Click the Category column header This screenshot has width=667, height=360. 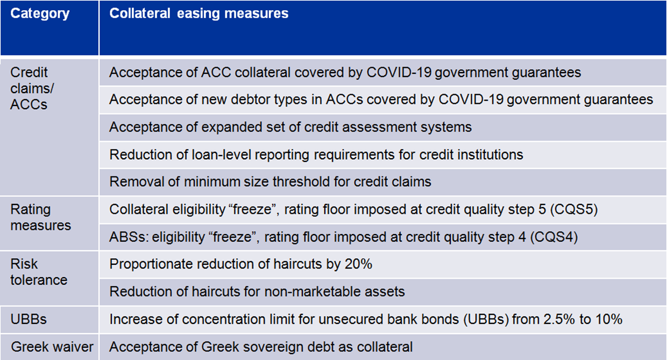pyautogui.click(x=40, y=13)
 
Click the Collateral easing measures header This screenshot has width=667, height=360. pyautogui.click(x=199, y=13)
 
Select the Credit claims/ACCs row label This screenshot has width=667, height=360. pyautogui.click(x=32, y=88)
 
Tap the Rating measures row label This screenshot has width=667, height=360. pyautogui.click(x=41, y=217)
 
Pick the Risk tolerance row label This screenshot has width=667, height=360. pyautogui.click(x=39, y=272)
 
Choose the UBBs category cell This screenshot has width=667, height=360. pyautogui.click(x=29, y=319)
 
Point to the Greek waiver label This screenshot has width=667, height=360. pyautogui.click(x=52, y=347)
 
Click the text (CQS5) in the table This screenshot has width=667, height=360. pyautogui.click(x=574, y=209)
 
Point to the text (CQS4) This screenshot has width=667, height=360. pyautogui.click(x=554, y=237)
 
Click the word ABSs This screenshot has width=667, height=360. pyautogui.click(x=129, y=237)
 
